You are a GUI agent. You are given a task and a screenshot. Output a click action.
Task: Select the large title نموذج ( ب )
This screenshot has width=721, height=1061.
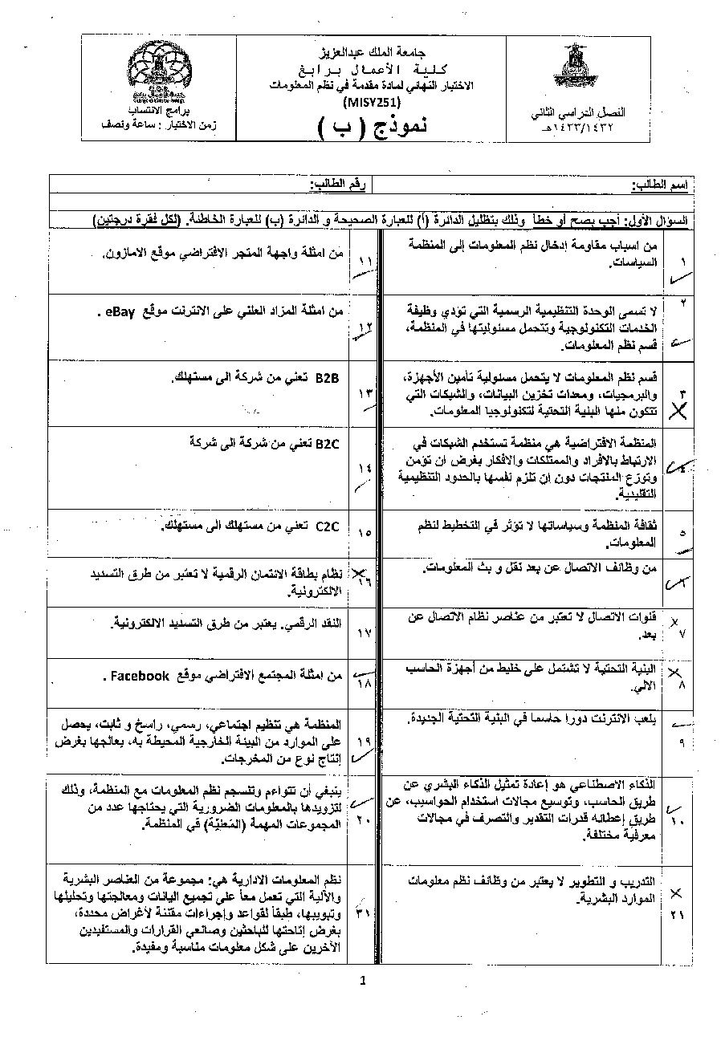point(373,126)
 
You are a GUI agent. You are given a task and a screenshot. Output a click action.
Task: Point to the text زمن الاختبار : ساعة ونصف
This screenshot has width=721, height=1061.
point(181,126)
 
